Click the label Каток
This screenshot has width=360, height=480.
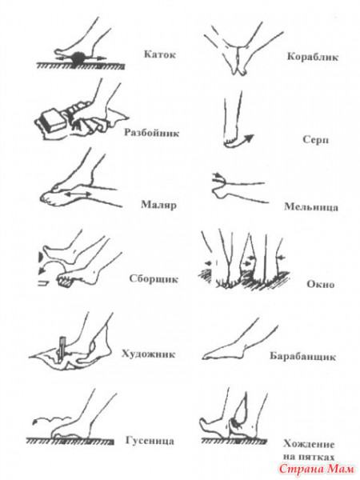click(x=160, y=54)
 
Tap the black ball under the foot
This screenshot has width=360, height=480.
click(x=78, y=58)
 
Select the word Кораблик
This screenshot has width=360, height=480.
click(x=313, y=57)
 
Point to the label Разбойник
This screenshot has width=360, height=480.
click(x=151, y=133)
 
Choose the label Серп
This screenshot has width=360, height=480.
click(x=316, y=140)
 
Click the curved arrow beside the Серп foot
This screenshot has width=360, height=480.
click(x=244, y=141)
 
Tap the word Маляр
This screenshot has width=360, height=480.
click(x=158, y=205)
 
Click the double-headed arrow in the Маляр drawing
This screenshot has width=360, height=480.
click(x=78, y=194)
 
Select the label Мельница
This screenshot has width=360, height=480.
click(x=311, y=207)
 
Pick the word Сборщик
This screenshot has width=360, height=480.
click(x=154, y=279)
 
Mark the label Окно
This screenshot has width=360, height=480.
click(x=321, y=284)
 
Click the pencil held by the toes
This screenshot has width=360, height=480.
click(x=62, y=349)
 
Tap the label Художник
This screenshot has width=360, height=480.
click(x=149, y=354)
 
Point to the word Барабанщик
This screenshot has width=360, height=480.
click(x=302, y=357)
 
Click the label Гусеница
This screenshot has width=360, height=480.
click(x=150, y=441)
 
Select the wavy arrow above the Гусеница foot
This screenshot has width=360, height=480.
click(x=52, y=418)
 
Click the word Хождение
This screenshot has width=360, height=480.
click(x=309, y=443)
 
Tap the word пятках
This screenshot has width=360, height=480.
click(x=316, y=457)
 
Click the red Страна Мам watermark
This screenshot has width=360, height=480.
click(x=317, y=469)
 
